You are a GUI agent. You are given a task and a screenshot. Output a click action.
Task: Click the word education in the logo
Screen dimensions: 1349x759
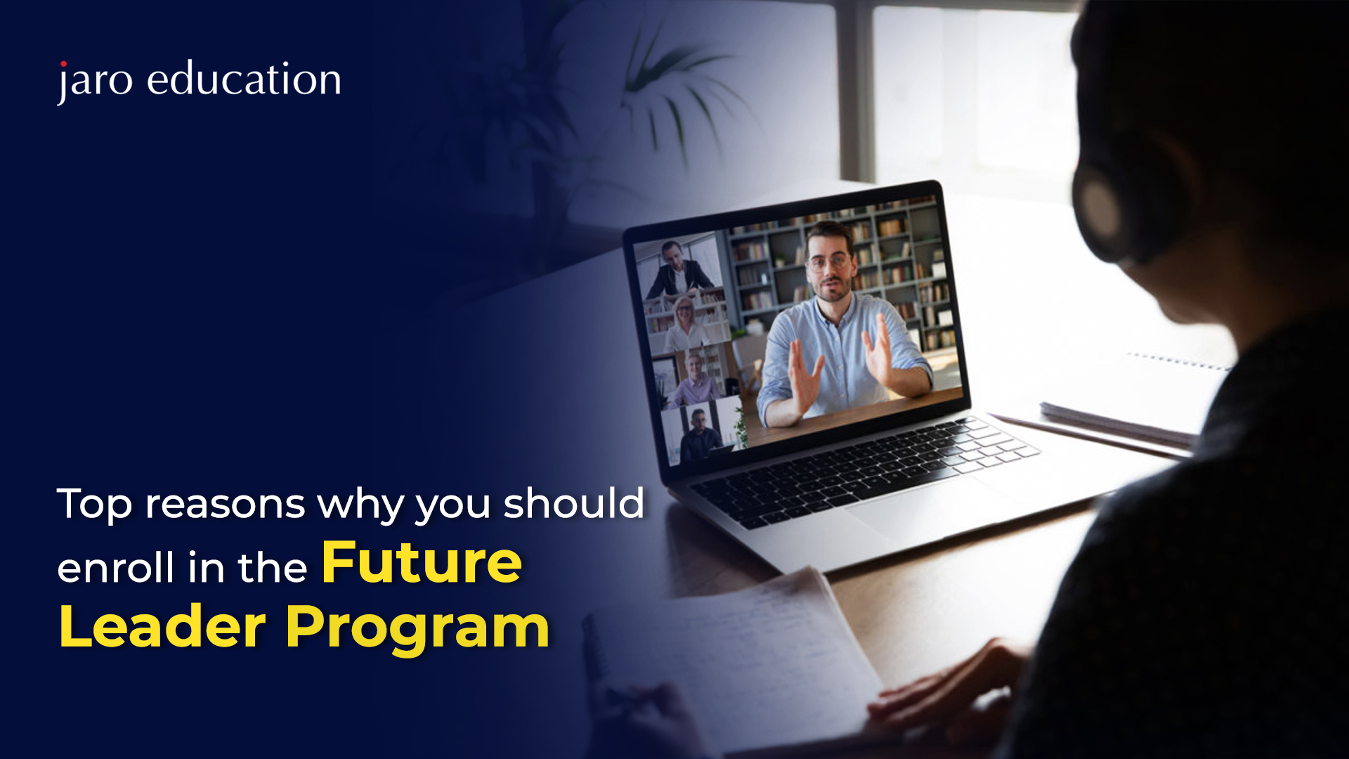click(245, 78)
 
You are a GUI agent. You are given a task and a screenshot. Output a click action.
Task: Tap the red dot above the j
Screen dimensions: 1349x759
click(63, 64)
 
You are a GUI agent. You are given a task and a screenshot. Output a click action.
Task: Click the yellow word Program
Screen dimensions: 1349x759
click(417, 630)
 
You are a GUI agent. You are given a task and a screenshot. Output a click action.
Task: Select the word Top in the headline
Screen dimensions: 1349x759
click(94, 505)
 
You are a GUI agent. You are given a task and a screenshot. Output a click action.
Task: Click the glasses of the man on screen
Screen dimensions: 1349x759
click(829, 263)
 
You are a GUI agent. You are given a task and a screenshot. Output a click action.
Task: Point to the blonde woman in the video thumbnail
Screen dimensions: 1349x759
click(685, 325)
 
